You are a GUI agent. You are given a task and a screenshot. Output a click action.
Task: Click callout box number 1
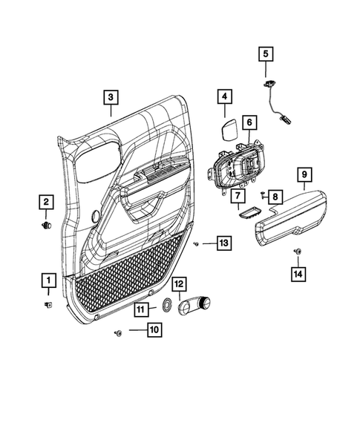[48, 280]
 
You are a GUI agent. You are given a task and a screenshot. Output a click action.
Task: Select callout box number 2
[46, 201]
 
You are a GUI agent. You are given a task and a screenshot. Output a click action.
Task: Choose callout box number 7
[237, 196]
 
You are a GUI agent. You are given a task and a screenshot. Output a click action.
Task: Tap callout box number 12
[179, 284]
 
